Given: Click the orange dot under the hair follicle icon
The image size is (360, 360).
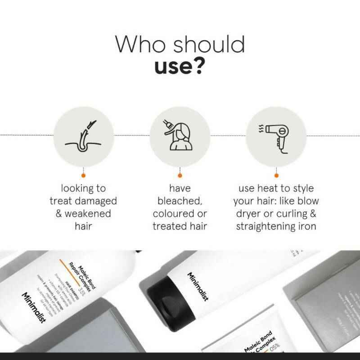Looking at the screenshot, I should click(x=84, y=175).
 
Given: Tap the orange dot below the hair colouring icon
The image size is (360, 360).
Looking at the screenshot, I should click(x=180, y=175).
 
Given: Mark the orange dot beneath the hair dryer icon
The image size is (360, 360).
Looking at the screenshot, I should click(x=276, y=175).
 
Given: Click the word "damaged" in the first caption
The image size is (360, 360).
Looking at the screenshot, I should click(x=94, y=200).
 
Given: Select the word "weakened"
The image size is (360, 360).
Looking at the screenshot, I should click(x=89, y=213).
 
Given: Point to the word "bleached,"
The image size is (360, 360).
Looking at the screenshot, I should click(x=180, y=200).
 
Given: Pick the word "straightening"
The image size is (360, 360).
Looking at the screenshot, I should click(x=267, y=225).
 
